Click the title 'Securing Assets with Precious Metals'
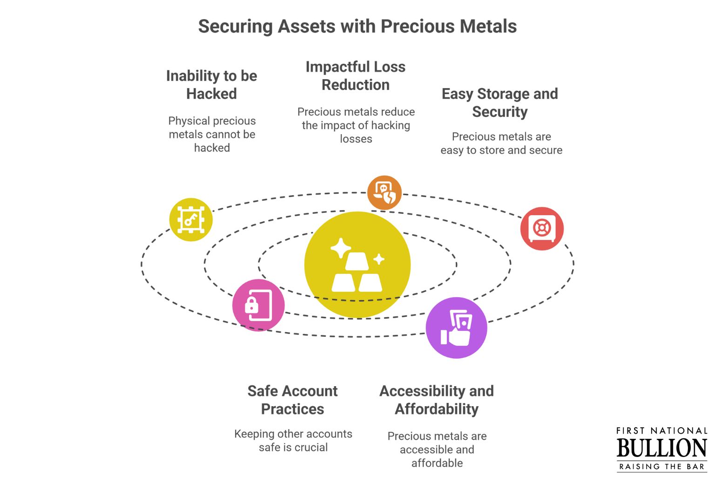click(357, 26)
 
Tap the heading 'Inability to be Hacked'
click(212, 85)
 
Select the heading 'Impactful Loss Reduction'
click(356, 76)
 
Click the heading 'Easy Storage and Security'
click(500, 102)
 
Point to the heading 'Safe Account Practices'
click(293, 400)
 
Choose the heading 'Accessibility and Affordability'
click(437, 400)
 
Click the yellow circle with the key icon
click(191, 219)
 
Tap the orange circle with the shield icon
click(384, 193)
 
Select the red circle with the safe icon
click(542, 228)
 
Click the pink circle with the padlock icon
click(258, 305)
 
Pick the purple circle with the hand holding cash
click(457, 328)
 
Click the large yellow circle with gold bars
click(357, 265)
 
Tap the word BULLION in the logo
click(662, 448)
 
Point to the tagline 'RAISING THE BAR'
click(662, 467)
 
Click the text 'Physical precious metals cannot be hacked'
click(212, 134)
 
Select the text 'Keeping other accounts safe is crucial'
click(293, 441)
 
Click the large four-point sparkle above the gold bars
click(341, 248)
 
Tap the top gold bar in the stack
click(357, 261)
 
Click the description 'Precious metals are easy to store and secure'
click(501, 143)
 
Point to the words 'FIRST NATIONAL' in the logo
click(662, 431)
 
